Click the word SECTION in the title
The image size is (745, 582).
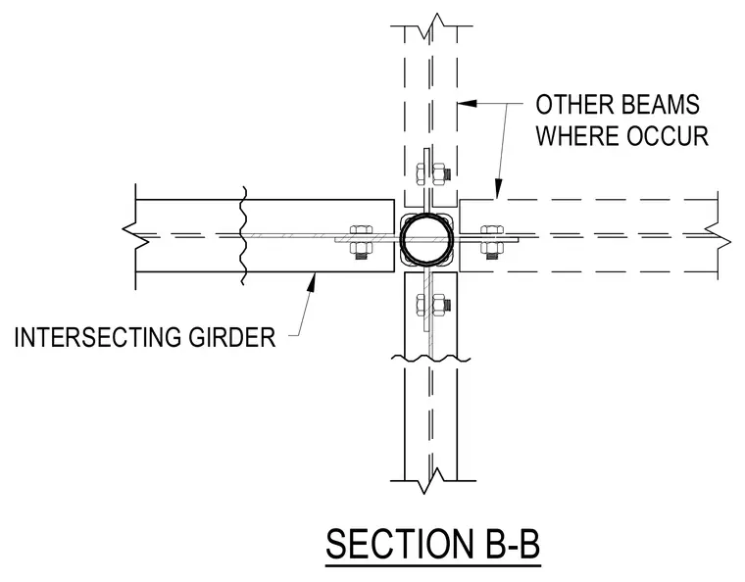tap(397, 544)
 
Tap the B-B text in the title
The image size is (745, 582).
tap(508, 544)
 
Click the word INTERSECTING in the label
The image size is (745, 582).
tap(98, 337)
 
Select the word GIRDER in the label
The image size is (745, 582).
tap(232, 337)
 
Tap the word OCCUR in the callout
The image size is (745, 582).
tap(668, 135)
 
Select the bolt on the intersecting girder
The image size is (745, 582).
tap(361, 242)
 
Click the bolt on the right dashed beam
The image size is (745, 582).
tap(492, 242)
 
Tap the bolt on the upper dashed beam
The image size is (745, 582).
tap(433, 173)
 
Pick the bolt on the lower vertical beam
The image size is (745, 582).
tap(433, 305)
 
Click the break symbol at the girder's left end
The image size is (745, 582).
tap(136, 236)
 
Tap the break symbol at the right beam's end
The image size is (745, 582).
tap(718, 235)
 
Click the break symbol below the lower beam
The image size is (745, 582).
tap(432, 480)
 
